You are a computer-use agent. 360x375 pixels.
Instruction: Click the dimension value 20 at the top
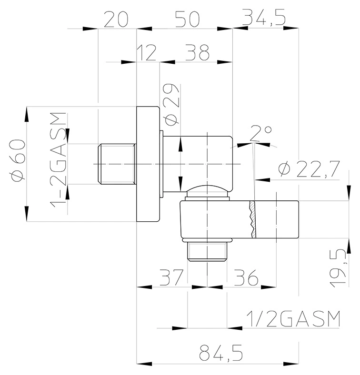coord(116,19)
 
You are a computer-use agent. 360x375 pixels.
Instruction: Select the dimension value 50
coord(187,19)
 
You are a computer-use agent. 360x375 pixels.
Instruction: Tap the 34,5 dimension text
coord(264,17)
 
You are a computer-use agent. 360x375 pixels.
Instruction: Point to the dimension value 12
coord(147,53)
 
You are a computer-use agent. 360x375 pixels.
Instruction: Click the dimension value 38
coord(197,52)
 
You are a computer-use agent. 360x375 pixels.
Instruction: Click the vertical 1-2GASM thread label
coord(58,160)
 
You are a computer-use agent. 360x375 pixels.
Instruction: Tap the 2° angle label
coord(261,133)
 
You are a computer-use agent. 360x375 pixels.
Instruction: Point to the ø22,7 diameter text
coord(309,169)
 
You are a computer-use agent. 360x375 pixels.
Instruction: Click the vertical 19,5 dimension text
coord(339,268)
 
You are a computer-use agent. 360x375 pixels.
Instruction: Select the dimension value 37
coord(171,277)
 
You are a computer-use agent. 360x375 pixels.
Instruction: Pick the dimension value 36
coord(246,277)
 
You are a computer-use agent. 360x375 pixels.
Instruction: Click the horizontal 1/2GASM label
coord(293,319)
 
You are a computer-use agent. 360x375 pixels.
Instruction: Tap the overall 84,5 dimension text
coord(220,353)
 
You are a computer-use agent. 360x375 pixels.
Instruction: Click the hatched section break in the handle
coord(252,219)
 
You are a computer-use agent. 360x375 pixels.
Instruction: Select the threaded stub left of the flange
coord(117,164)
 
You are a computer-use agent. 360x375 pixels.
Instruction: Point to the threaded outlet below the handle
coord(207,252)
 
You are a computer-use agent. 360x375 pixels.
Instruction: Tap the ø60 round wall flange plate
coord(148,164)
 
